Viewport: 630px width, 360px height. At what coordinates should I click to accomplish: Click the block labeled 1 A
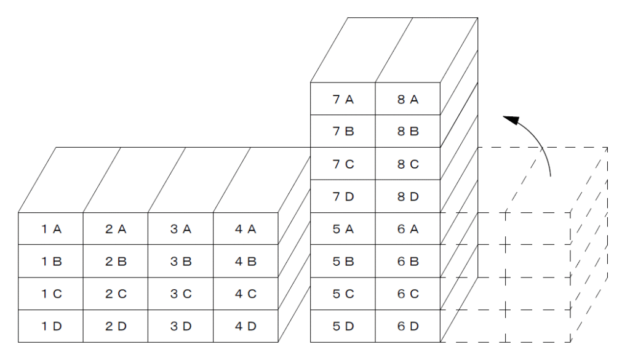(x=50, y=229)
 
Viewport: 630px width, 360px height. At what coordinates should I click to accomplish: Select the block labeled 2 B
(x=116, y=261)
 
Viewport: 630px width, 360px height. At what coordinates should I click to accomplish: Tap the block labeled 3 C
(x=181, y=294)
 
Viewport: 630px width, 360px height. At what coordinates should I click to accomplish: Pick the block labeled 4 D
(x=245, y=326)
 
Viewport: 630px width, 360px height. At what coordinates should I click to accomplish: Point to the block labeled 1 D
(x=50, y=326)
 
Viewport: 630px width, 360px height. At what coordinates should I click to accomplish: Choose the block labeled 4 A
(x=245, y=229)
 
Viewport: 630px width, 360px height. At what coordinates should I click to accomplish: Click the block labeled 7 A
(x=343, y=99)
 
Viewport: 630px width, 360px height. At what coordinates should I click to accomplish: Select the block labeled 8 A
(x=408, y=99)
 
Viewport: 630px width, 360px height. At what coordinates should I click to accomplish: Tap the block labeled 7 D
(x=343, y=196)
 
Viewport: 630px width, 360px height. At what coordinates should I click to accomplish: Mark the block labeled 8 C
(x=408, y=164)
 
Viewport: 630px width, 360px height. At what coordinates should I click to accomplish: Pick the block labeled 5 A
(x=343, y=229)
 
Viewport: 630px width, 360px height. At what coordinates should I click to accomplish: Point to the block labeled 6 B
(x=408, y=261)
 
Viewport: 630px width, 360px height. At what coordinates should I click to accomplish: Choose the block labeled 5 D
(x=343, y=326)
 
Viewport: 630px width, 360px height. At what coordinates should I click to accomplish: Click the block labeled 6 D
(x=408, y=326)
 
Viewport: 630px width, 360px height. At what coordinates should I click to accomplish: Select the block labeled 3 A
(x=181, y=229)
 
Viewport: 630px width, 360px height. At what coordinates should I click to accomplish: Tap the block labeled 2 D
(x=116, y=326)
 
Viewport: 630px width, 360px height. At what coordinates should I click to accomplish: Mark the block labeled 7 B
(x=343, y=131)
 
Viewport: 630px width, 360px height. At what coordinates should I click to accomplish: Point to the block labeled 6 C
(x=408, y=294)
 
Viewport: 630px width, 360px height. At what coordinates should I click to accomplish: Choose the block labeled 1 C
(x=50, y=294)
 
